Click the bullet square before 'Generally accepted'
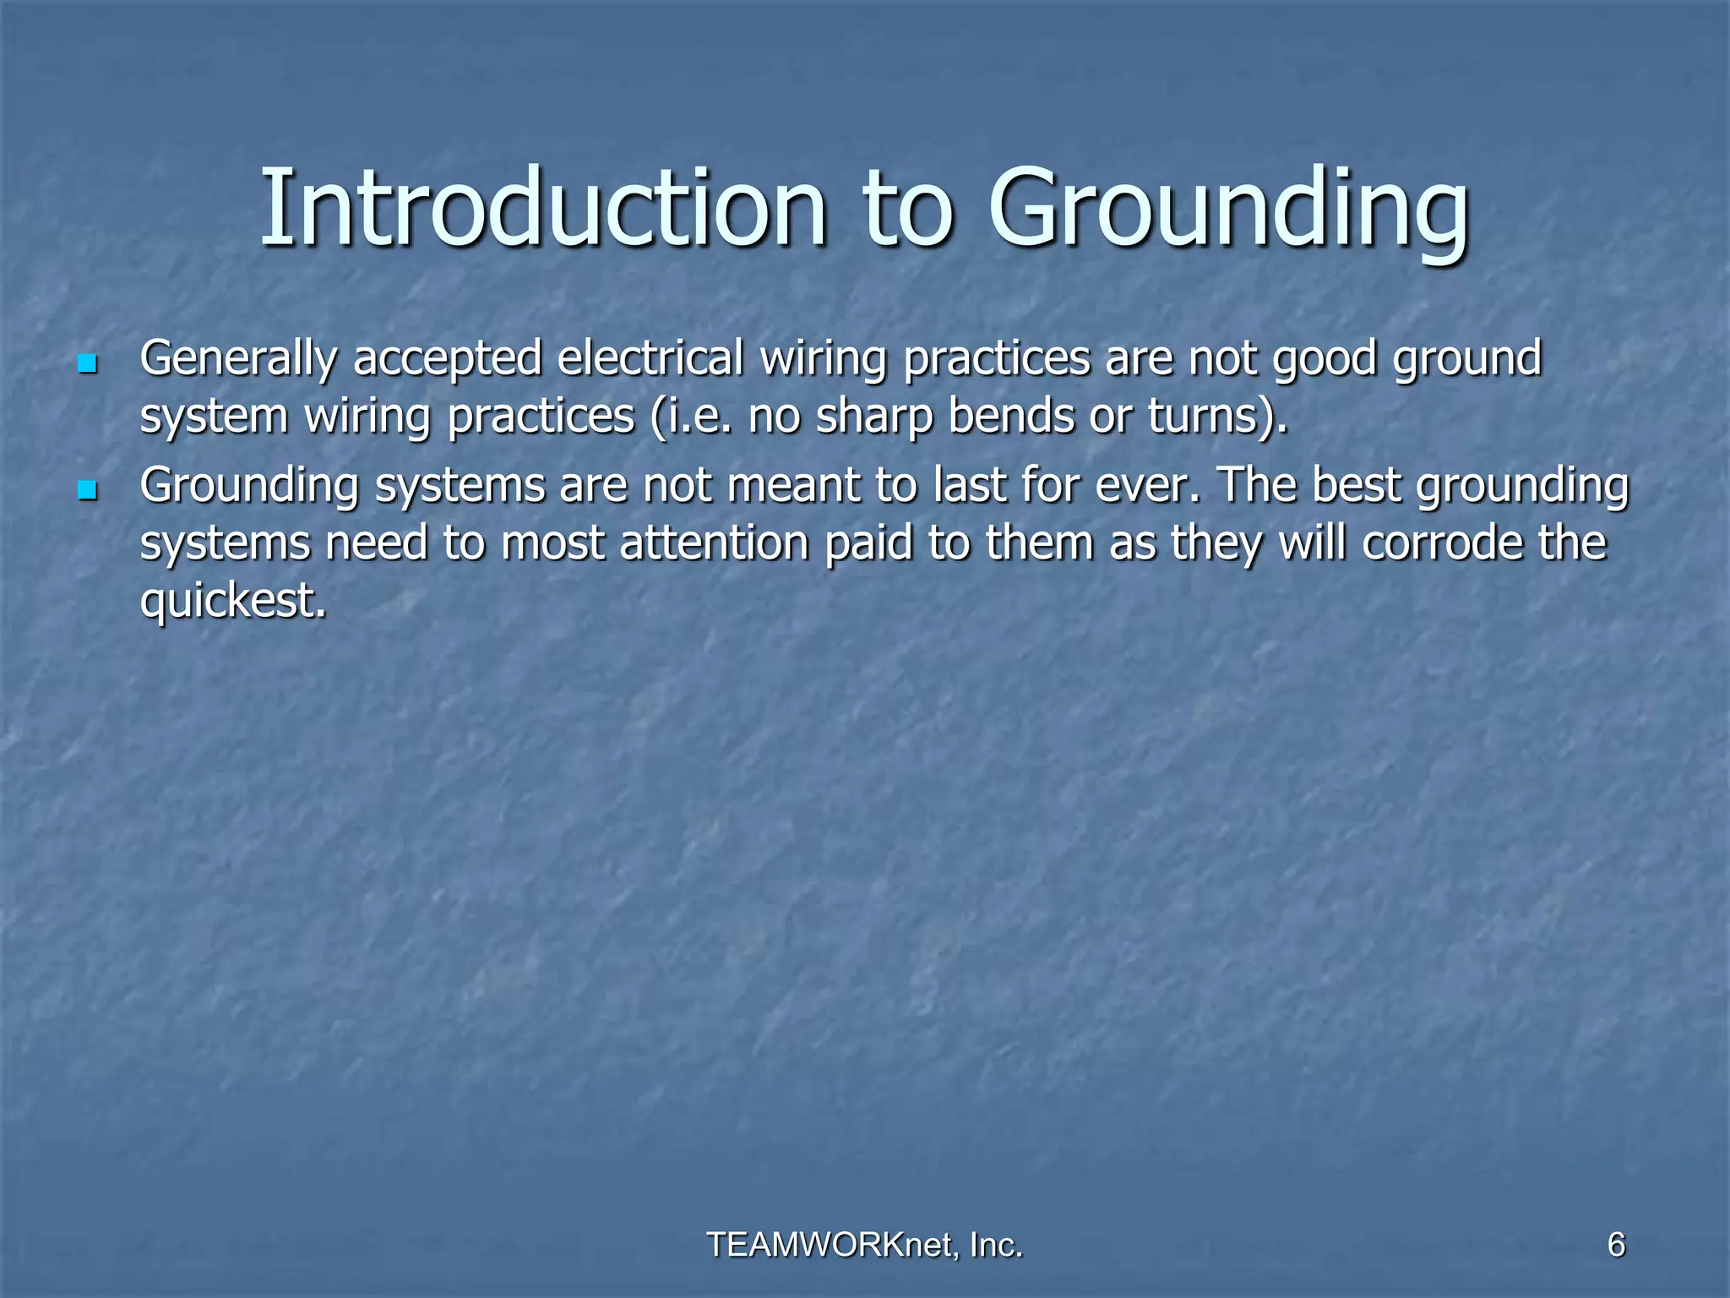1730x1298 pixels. tap(86, 364)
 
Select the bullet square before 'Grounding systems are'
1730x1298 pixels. tap(86, 490)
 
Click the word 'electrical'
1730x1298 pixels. tap(650, 358)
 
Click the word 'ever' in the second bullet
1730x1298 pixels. tap(1142, 486)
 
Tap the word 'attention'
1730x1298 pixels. tap(715, 543)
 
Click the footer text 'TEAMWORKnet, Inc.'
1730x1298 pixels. tap(864, 1245)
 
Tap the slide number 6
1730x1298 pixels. tap(1616, 1245)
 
